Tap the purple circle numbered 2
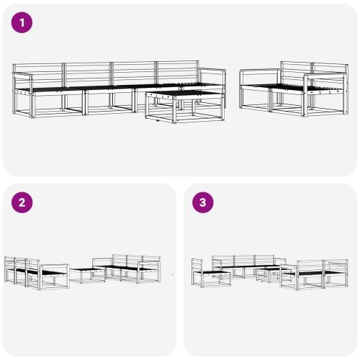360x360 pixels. tap(22, 202)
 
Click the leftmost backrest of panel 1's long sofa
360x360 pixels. tap(38, 73)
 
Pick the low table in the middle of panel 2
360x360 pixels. tap(87, 274)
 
